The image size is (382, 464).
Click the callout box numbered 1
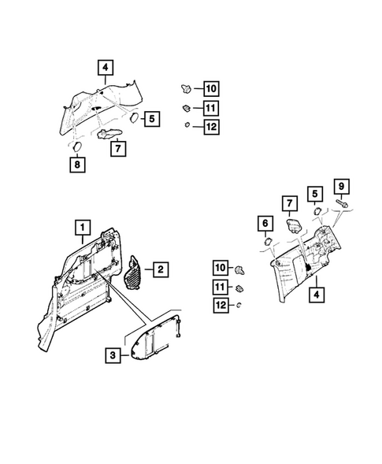80,228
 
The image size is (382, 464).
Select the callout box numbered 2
160,270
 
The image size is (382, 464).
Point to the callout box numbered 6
265,225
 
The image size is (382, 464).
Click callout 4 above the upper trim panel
106,67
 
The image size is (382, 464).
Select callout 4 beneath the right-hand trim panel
316,295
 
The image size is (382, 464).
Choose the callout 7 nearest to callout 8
116,146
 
